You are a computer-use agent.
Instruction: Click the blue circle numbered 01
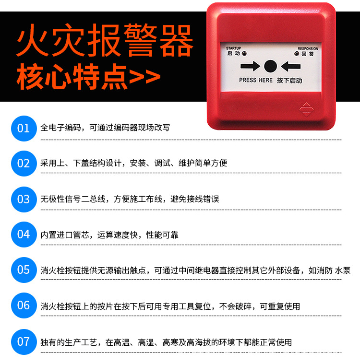[x=24, y=128]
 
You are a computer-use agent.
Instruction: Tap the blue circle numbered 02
[x=24, y=164]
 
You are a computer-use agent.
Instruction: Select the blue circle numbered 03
[x=24, y=199]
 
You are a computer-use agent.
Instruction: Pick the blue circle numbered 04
[x=24, y=235]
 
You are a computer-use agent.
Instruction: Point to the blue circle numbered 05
[x=24, y=270]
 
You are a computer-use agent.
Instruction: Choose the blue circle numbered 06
[x=24, y=305]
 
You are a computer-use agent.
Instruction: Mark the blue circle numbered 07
[x=24, y=342]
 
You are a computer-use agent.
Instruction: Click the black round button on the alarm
[x=271, y=66]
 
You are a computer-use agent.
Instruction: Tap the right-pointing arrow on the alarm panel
[x=250, y=66]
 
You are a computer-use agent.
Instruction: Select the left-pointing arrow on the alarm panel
[x=291, y=66]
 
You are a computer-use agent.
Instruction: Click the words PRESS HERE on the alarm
[x=255, y=80]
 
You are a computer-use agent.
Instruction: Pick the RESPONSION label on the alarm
[x=308, y=48]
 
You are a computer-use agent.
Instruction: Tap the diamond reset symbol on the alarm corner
[x=306, y=109]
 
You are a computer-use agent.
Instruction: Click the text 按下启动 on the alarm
[x=289, y=80]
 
